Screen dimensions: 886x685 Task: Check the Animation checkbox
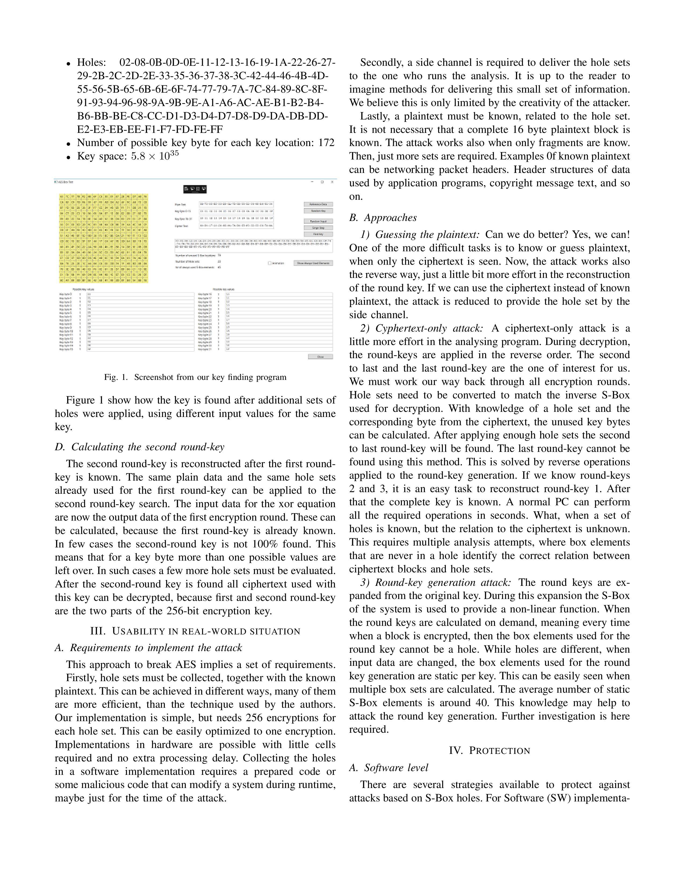tap(269, 263)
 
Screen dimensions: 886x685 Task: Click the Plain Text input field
tap(236, 204)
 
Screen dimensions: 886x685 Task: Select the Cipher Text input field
tap(236, 226)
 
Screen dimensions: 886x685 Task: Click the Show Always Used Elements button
tap(313, 263)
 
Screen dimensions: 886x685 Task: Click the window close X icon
tap(332, 182)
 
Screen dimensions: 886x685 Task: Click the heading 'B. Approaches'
tap(383, 218)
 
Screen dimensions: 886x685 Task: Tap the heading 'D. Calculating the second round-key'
tap(140, 447)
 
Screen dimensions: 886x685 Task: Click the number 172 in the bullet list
tap(326, 143)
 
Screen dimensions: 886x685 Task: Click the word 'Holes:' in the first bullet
tap(91, 63)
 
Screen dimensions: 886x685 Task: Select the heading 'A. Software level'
tap(389, 768)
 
